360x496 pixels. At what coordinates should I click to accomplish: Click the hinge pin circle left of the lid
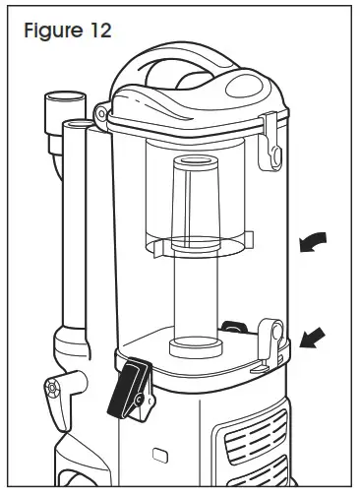(x=100, y=115)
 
